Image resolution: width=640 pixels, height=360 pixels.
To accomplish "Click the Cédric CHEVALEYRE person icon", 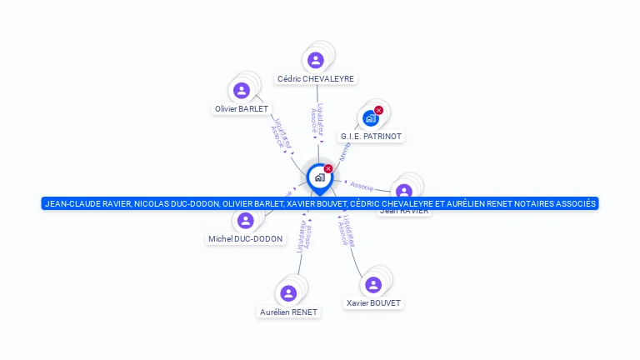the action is point(315,60).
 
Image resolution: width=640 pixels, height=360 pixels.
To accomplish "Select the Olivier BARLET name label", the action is point(242,108).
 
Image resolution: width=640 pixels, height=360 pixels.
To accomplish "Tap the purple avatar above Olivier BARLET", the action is point(242,90).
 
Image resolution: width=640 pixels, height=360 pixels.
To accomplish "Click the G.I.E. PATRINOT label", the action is point(372,136).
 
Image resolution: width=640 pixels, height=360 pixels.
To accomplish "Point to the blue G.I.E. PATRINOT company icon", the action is point(371,118).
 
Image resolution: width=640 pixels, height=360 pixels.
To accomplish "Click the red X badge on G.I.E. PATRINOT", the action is point(379,110).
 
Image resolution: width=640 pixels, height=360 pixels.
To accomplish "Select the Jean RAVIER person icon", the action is point(404,192).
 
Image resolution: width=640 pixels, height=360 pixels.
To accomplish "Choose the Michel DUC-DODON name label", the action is point(245,239).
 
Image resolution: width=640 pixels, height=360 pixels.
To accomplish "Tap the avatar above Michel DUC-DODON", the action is point(245,221).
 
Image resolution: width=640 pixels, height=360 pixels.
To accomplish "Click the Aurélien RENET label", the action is point(288,312).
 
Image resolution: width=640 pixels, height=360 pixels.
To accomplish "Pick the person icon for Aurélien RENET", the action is point(288,293).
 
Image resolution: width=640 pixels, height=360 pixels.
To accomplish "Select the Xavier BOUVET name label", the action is point(373,303).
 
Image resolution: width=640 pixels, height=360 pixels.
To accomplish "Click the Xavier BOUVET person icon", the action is point(373,285).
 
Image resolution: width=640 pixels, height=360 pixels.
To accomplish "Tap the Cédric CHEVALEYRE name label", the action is point(316,79).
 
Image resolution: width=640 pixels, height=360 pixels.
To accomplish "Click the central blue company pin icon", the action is point(319,177).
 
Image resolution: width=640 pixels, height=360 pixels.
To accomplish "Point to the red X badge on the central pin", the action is point(328,168).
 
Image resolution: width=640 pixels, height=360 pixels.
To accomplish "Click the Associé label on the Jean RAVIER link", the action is point(362,185).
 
